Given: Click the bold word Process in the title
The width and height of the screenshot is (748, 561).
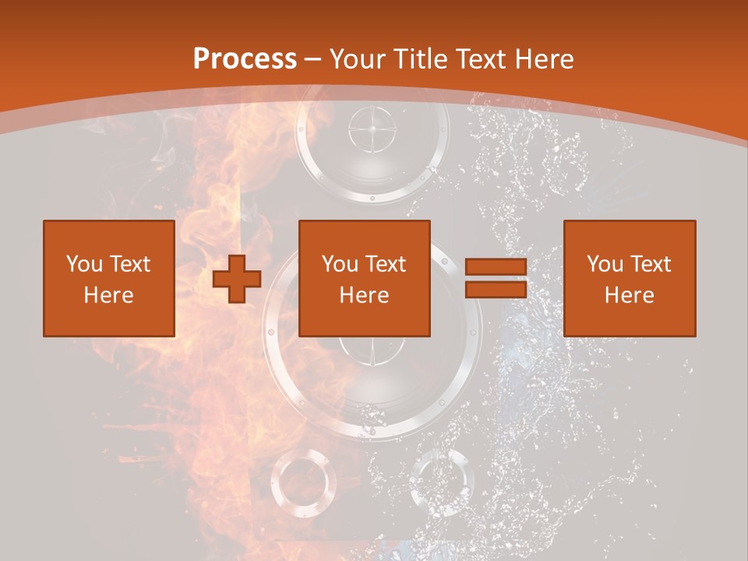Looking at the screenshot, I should [245, 59].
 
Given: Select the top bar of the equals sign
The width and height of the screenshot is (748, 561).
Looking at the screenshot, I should [496, 267].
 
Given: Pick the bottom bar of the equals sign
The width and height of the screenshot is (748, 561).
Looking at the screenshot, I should [496, 289].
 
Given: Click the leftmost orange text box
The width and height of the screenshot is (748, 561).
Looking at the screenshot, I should [108, 278].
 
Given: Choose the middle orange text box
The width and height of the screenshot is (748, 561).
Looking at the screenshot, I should [364, 278].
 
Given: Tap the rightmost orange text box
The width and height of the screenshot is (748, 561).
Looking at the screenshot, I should [629, 278].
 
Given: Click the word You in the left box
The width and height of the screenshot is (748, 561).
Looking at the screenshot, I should [83, 264].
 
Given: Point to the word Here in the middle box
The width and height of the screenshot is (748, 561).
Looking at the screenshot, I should [364, 295].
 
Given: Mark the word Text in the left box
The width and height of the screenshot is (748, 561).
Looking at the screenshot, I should [129, 264].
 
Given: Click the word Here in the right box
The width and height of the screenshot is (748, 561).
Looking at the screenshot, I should [629, 295].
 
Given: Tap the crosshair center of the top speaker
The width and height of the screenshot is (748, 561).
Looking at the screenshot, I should [372, 131].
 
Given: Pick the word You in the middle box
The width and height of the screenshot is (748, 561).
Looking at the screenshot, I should [340, 264].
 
